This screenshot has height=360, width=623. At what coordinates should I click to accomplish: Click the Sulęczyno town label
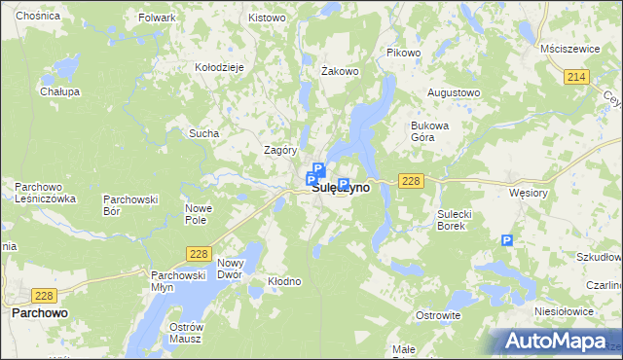pos(340,189)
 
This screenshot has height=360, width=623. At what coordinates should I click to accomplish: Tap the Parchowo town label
pos(39,313)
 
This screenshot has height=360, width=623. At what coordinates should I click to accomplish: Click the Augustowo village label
pos(455,92)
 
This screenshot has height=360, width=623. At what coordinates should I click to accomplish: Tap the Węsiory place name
pos(529,193)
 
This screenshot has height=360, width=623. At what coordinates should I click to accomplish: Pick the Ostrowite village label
pos(438,315)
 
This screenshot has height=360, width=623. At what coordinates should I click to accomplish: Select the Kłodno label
pos(285,281)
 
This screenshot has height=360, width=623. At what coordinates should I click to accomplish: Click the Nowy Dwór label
pos(230,270)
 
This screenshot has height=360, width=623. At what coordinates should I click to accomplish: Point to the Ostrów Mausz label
pos(184,332)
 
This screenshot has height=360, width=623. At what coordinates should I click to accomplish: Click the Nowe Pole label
pos(199,214)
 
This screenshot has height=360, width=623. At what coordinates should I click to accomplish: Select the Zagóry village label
pos(280,150)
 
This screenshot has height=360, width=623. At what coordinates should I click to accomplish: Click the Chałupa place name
pos(59,90)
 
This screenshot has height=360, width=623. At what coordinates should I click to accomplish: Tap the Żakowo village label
pos(341,71)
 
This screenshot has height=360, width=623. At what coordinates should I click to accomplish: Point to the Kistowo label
pos(267,18)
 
